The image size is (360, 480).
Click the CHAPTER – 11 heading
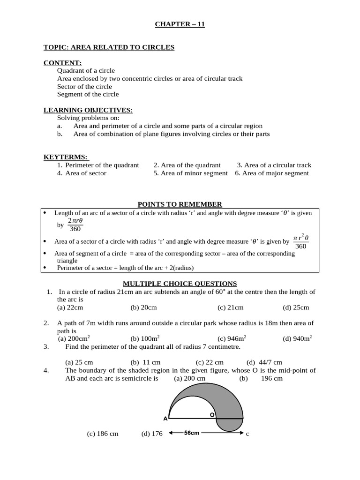tap(180, 24)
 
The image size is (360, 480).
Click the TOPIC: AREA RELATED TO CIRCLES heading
tap(109, 47)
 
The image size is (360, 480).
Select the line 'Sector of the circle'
tap(84, 86)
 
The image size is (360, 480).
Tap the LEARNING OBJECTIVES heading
tap(88, 110)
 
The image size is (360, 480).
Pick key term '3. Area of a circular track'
tap(274, 165)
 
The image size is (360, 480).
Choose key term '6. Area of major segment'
tap(272, 173)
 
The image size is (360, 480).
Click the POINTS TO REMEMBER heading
tap(180, 204)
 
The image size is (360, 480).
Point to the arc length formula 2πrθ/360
tap(75, 225)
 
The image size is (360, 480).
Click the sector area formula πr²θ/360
tap(300, 241)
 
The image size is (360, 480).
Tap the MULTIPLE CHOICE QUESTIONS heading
tap(180, 284)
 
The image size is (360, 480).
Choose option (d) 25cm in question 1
tap(296, 307)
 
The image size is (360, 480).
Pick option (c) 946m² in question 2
tap(232, 338)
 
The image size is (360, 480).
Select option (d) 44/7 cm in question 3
tap(264, 362)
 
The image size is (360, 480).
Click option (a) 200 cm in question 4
tap(189, 378)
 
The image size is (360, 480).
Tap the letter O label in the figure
tap(212, 415)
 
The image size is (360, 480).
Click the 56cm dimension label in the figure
tap(192, 433)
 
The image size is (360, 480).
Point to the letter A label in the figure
tap(165, 419)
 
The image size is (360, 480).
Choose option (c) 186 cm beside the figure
tap(103, 434)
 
